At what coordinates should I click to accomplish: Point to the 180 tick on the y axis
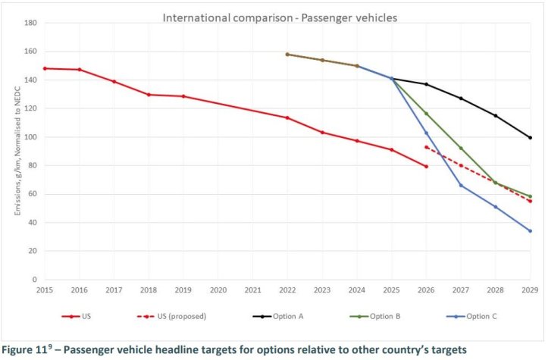click(x=32, y=23)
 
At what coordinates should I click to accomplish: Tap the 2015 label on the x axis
click(x=45, y=290)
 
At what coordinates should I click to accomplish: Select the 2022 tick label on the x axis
click(x=287, y=290)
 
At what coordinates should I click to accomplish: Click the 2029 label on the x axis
click(x=530, y=290)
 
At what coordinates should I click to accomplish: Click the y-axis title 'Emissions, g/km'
click(x=16, y=152)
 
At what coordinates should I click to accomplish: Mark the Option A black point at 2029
click(x=530, y=137)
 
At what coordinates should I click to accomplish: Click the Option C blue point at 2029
click(x=530, y=231)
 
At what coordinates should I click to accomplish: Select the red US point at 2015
click(x=45, y=68)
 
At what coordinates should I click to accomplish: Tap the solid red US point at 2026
click(x=426, y=167)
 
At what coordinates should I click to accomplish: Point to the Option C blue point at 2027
click(x=461, y=185)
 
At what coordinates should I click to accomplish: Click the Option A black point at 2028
click(x=496, y=116)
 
